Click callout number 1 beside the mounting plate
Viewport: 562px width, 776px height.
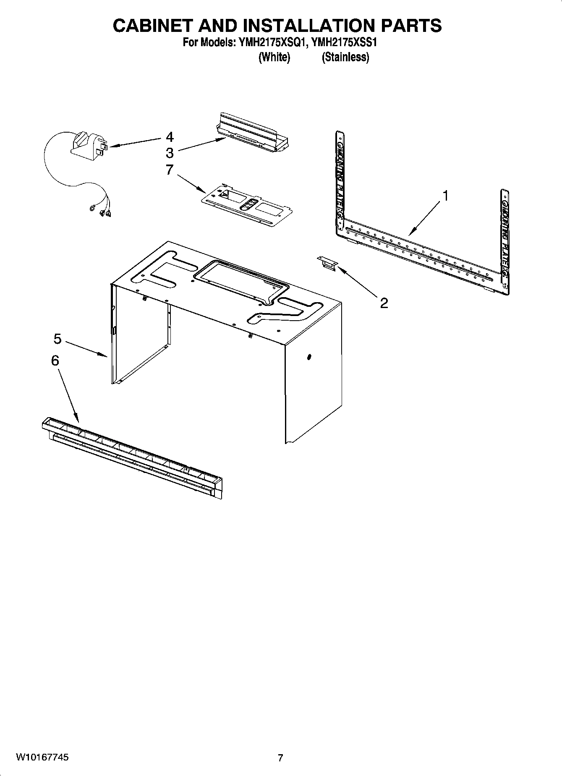tap(446, 196)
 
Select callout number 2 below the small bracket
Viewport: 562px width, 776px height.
tap(384, 303)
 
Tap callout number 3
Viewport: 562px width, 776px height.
tap(170, 152)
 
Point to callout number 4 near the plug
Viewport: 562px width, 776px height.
tap(170, 137)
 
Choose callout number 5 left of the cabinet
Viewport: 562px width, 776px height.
tap(58, 338)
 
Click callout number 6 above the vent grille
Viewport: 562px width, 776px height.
tap(55, 361)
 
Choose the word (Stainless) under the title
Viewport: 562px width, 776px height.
tap(345, 57)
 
